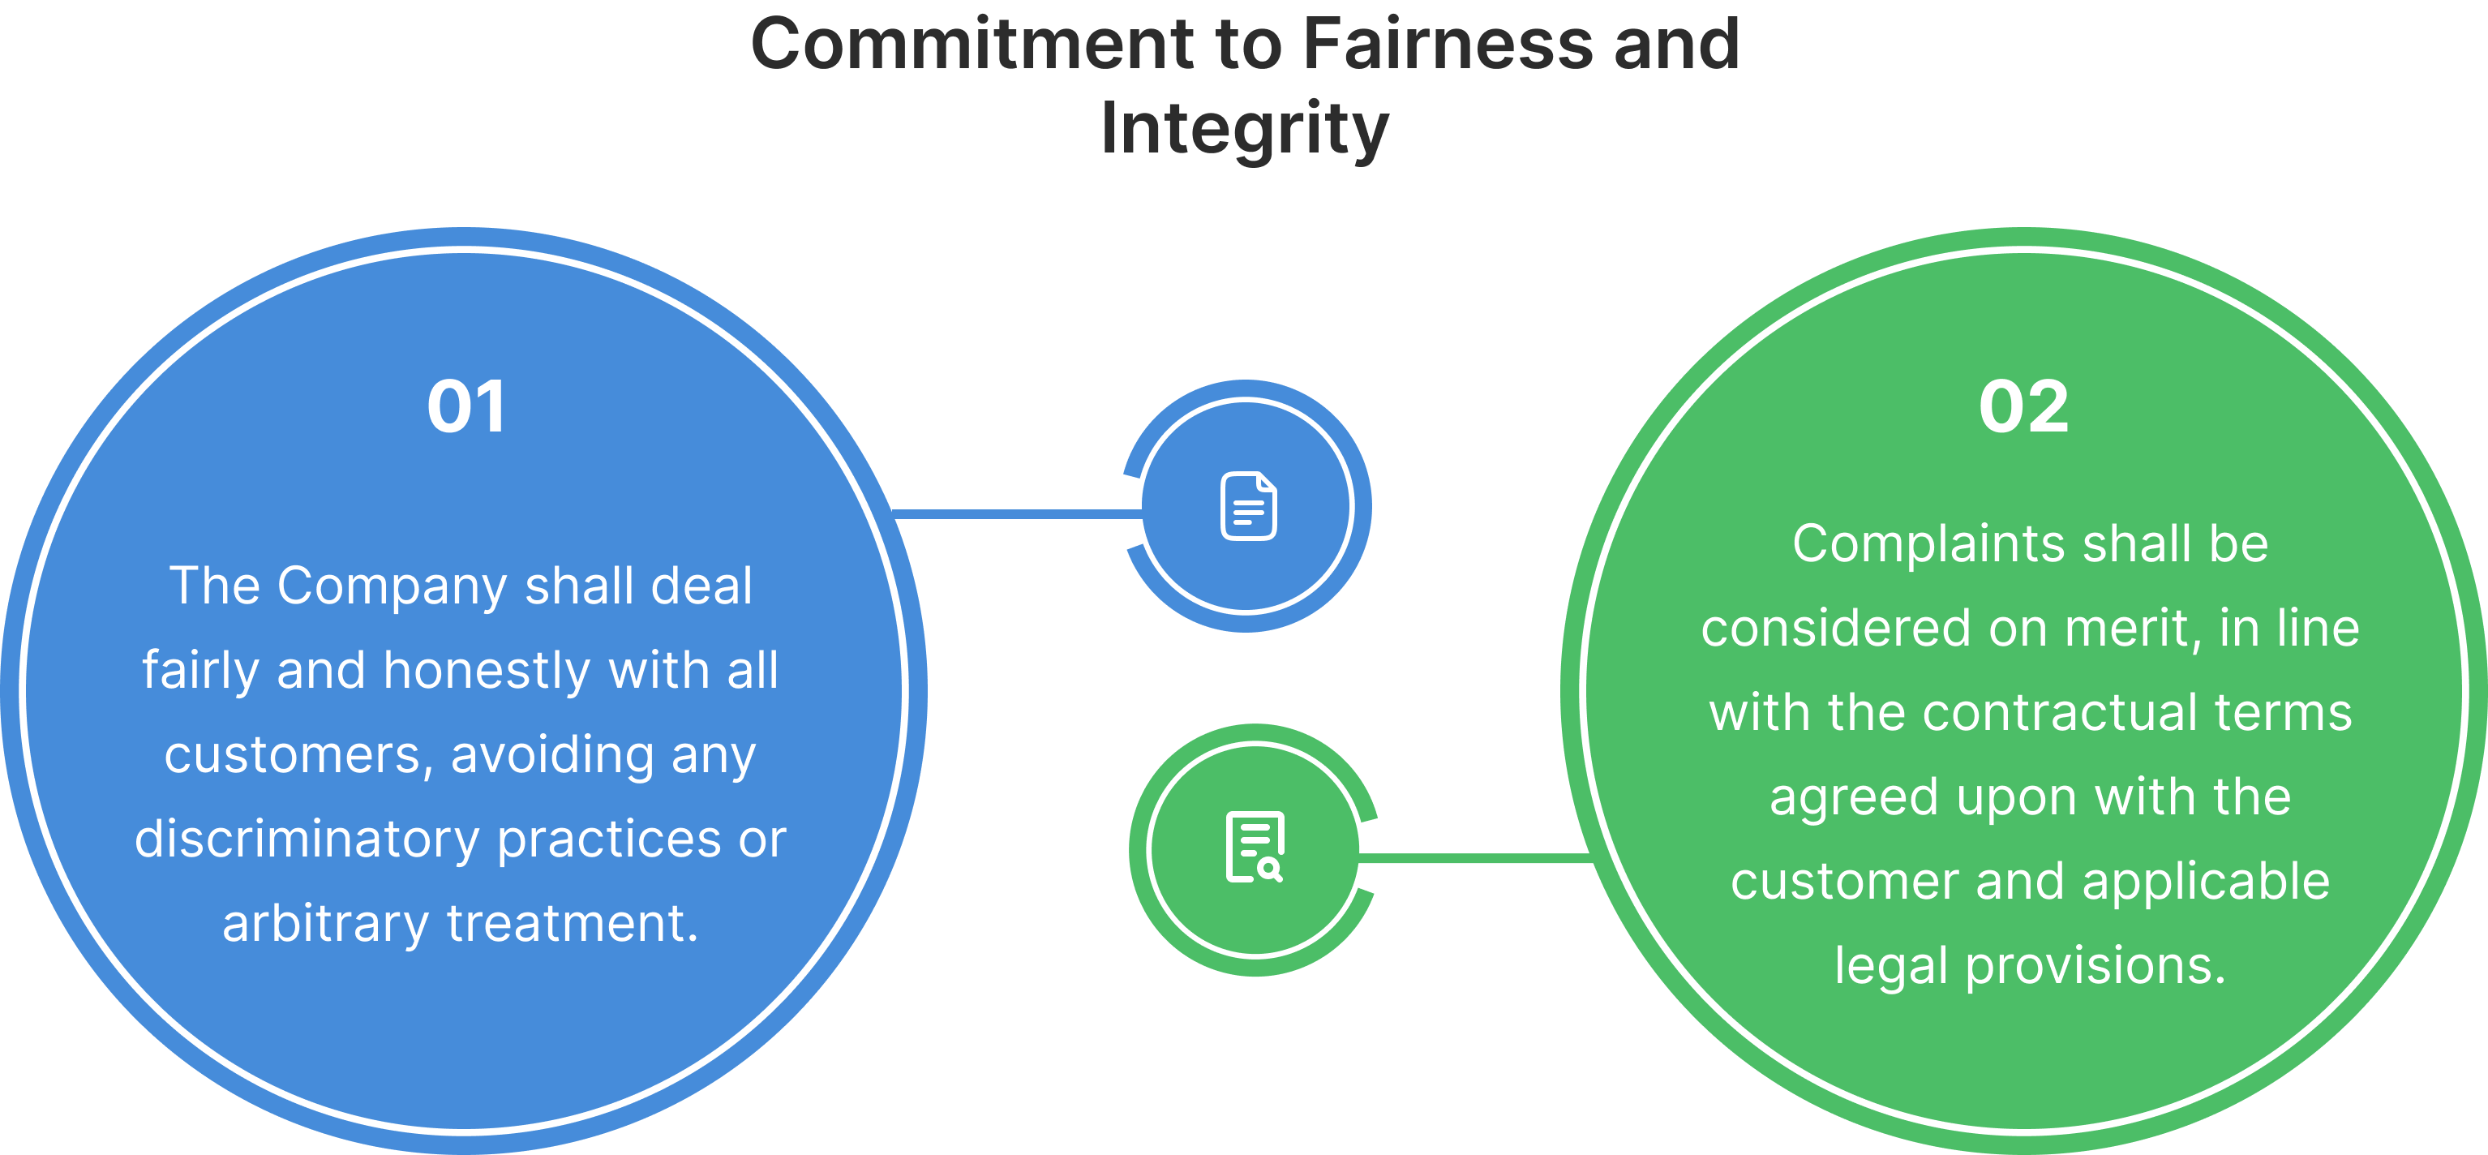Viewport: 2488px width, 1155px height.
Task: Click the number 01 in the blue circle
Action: coord(466,406)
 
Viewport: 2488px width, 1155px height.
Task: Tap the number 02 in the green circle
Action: coord(2023,406)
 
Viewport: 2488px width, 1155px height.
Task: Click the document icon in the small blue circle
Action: coord(1248,506)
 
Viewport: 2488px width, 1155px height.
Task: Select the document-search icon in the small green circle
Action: coord(1255,848)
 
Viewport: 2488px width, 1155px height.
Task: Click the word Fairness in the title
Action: coord(1446,45)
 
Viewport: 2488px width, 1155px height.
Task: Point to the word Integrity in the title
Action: coord(1244,128)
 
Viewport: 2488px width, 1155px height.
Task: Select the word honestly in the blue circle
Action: coord(487,671)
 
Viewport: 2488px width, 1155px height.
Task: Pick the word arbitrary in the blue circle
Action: coord(324,923)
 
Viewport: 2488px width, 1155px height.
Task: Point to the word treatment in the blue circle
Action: coord(572,923)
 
